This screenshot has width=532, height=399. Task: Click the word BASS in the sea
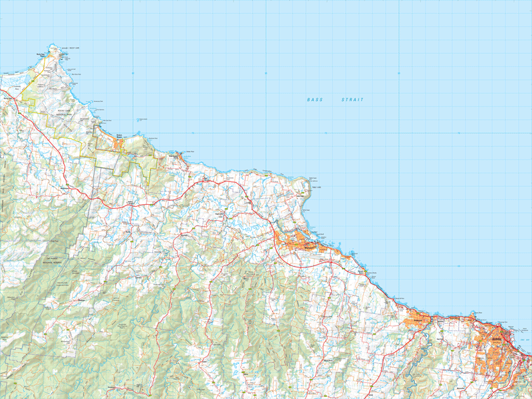[x=314, y=100]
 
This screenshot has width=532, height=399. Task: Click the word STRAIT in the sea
[x=352, y=100]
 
